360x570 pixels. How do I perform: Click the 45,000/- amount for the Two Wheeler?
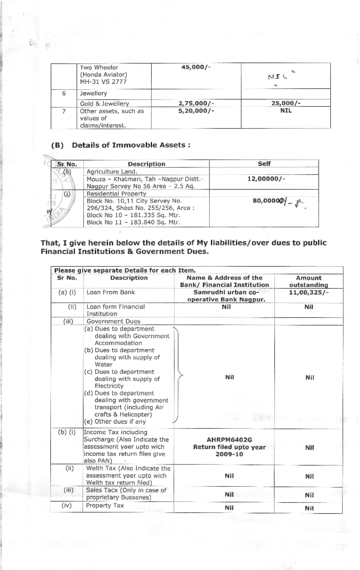(196, 69)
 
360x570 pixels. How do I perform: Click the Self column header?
(264, 164)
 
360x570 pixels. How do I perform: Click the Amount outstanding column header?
(309, 281)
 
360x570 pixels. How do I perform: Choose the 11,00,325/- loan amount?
(309, 292)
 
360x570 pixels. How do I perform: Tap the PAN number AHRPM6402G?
(229, 440)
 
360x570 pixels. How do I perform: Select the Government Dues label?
(113, 321)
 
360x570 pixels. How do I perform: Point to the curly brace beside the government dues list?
(178, 374)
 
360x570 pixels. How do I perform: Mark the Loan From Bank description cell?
(111, 292)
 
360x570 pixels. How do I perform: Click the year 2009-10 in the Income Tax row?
(229, 454)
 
